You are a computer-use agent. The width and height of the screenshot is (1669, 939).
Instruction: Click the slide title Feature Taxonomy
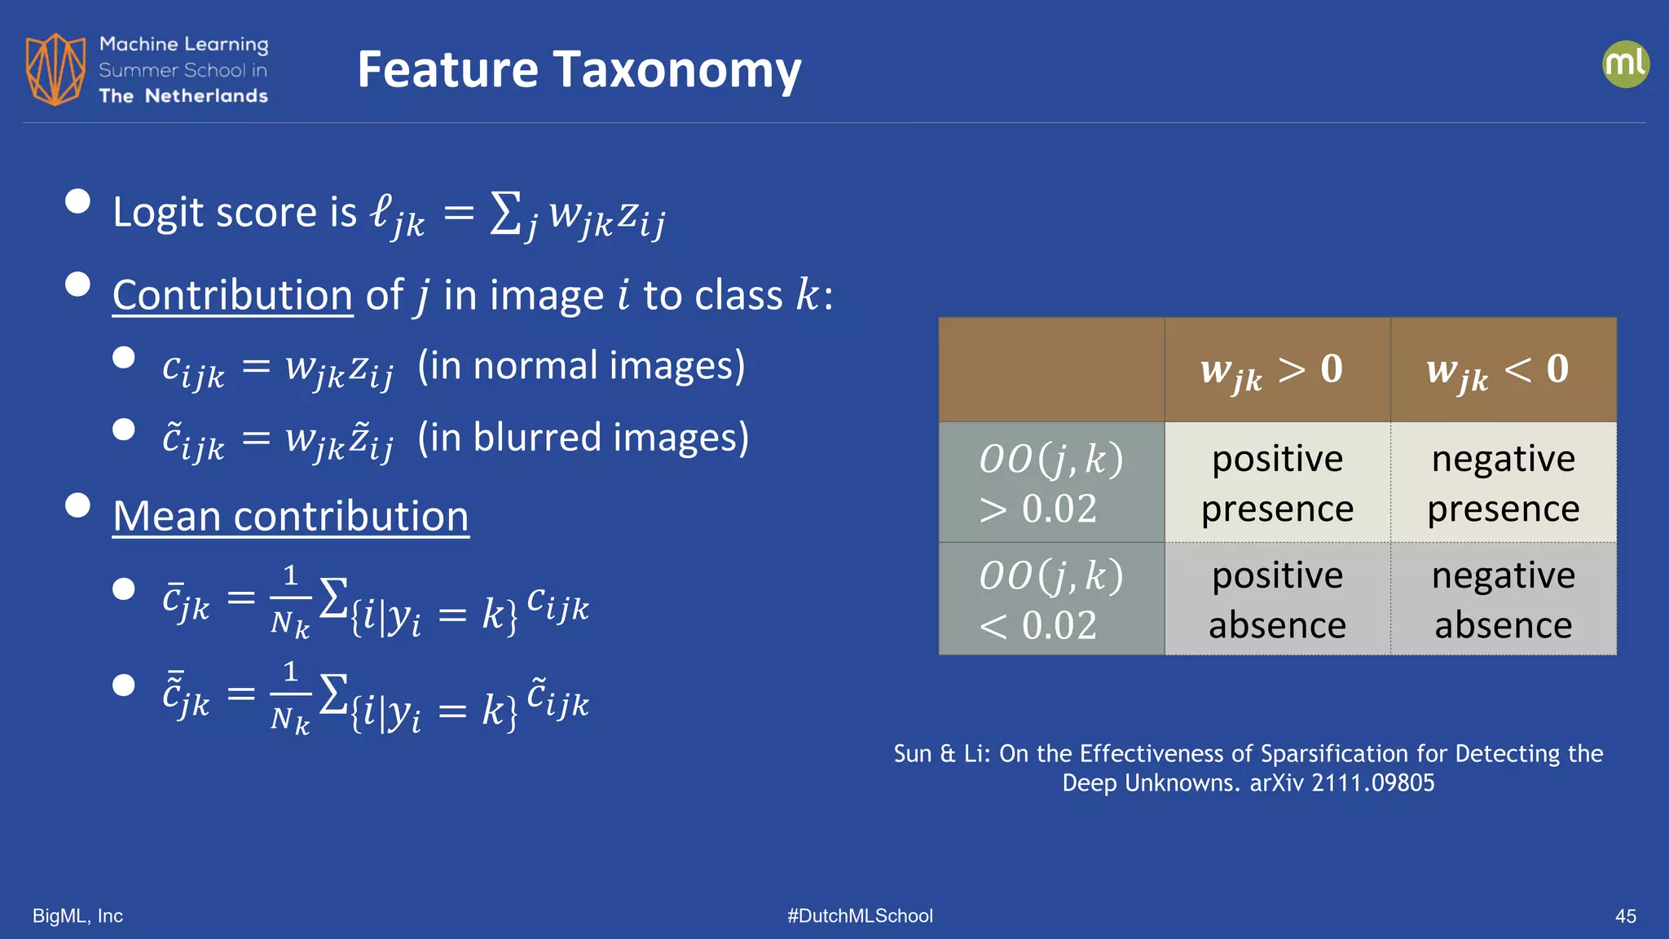[579, 70]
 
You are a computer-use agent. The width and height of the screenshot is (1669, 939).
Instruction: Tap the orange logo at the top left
[55, 69]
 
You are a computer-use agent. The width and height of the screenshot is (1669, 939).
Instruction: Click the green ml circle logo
[1625, 64]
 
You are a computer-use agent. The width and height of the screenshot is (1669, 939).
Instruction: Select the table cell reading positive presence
[1277, 483]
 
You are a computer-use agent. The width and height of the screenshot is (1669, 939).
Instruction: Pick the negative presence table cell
[1503, 483]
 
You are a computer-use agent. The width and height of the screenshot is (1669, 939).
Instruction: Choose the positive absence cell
[1277, 599]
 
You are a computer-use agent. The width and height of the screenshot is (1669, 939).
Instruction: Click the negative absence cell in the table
[1503, 599]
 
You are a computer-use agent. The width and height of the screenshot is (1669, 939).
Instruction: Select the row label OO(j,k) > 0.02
[1050, 483]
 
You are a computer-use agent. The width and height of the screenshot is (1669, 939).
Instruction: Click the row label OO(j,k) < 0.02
[1050, 599]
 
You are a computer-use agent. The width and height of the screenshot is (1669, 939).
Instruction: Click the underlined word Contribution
[232, 295]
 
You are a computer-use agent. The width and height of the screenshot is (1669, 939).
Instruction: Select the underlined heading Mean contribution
[291, 517]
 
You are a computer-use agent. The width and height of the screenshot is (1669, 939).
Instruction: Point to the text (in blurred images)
[583, 438]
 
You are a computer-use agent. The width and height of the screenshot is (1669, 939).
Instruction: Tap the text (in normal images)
[581, 366]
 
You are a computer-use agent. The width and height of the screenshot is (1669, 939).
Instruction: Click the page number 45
[1625, 916]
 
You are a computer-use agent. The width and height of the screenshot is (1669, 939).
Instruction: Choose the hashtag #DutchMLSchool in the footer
[860, 916]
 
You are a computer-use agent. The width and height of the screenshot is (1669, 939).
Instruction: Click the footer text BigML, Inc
[77, 916]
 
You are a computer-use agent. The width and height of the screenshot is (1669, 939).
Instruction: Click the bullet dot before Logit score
[77, 201]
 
